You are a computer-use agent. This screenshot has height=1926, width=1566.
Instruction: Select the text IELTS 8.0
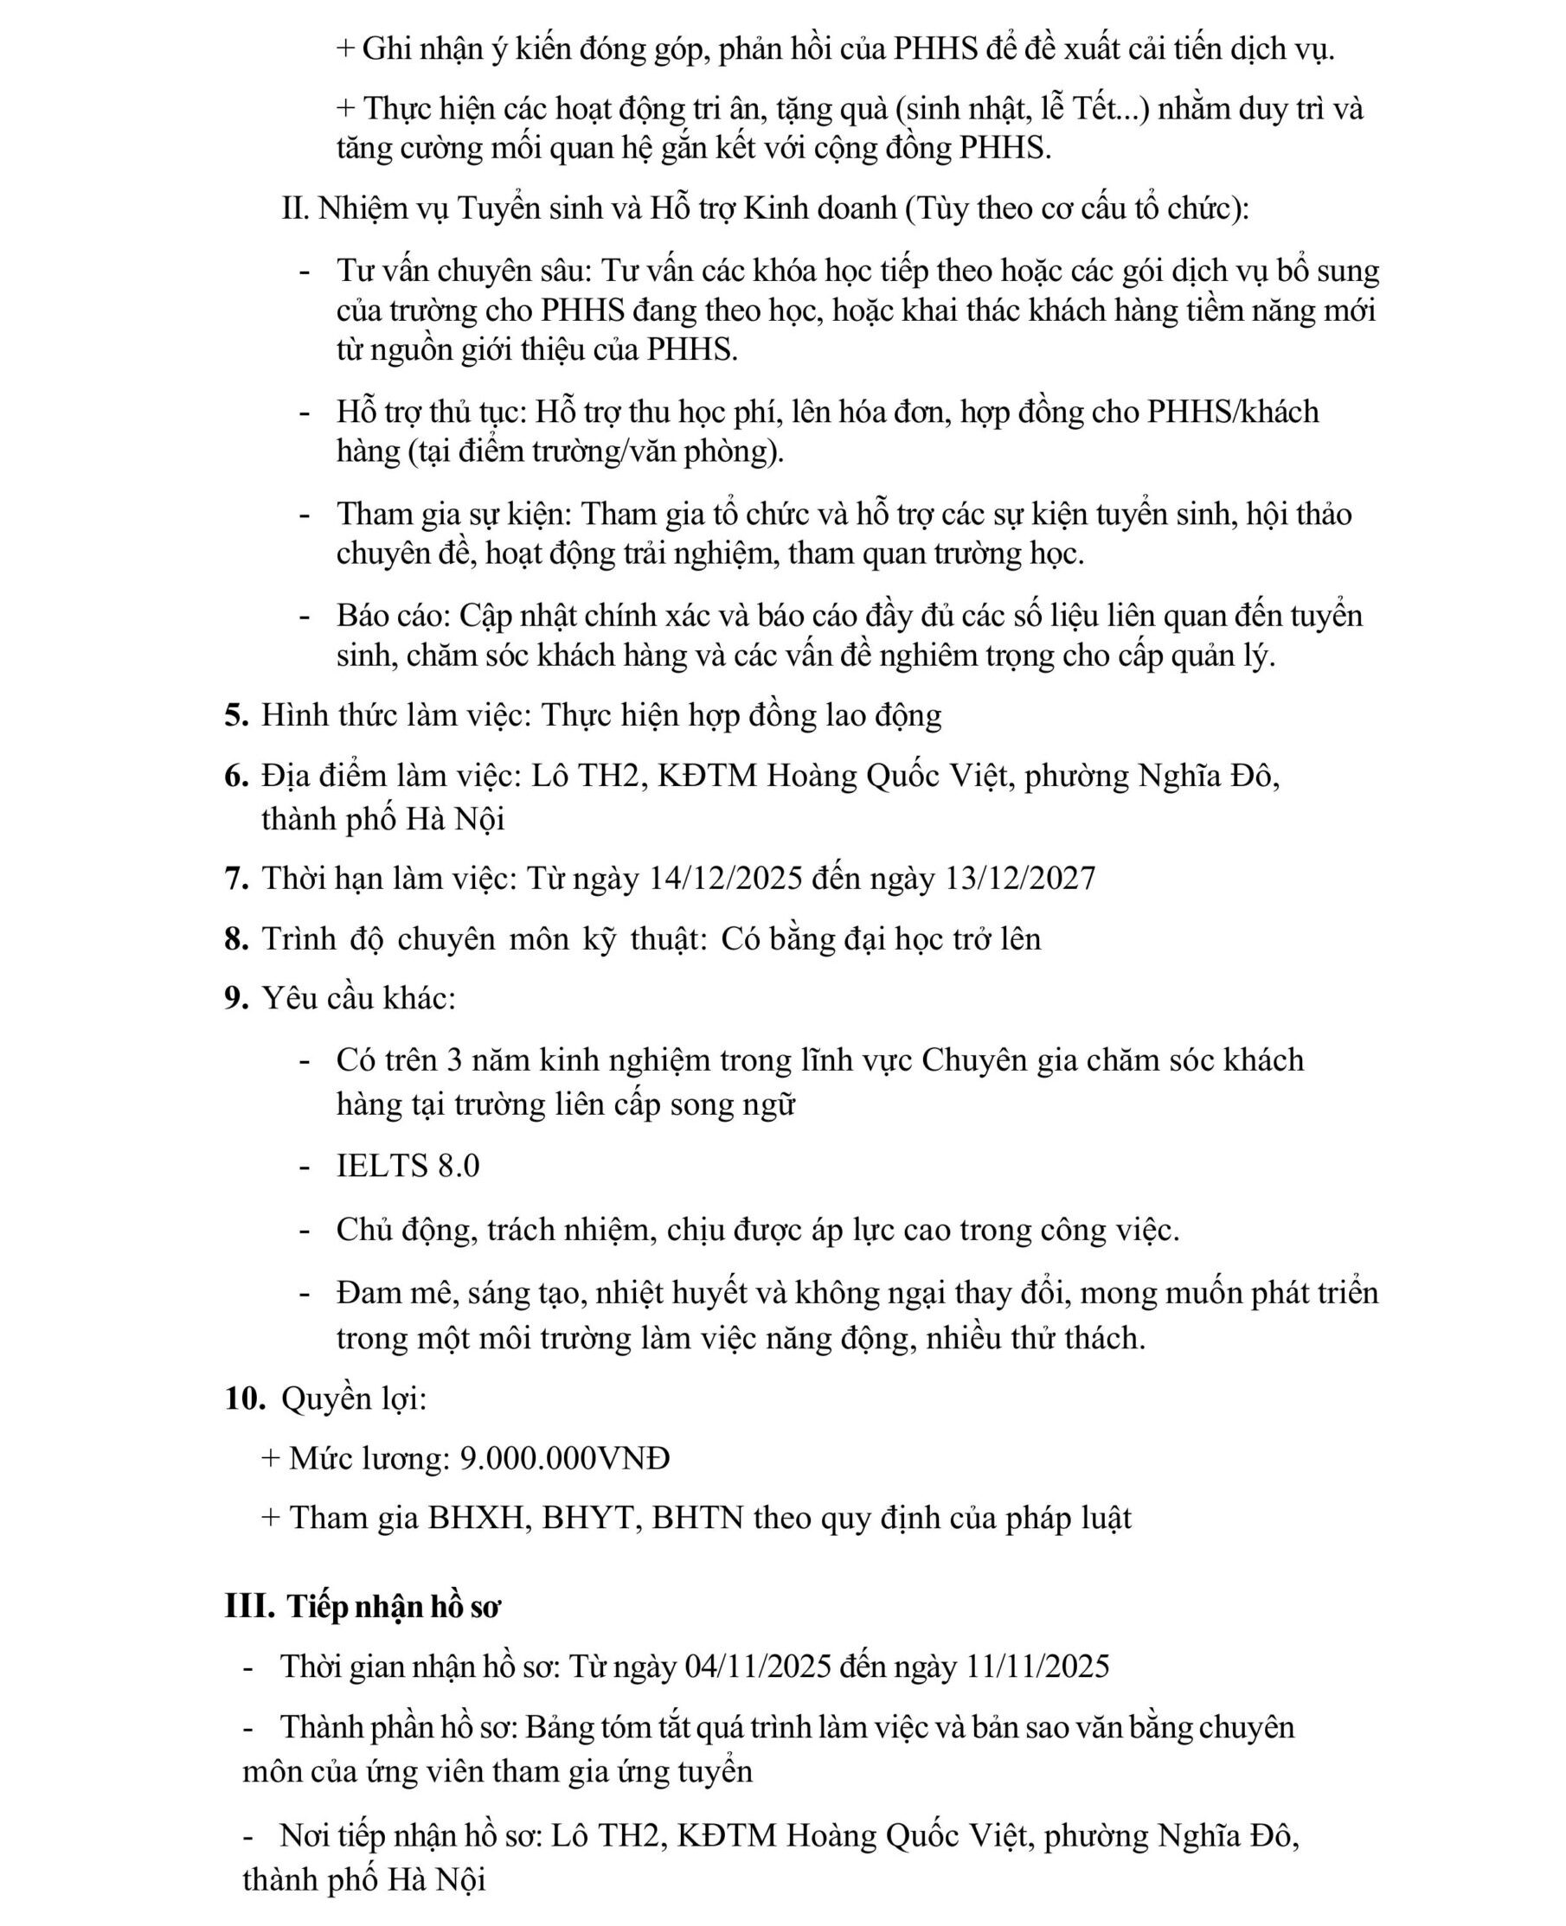tap(408, 1166)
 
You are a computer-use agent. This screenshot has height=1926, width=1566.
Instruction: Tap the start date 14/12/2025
tap(725, 878)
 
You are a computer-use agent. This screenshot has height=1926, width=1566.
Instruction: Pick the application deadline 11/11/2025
tap(1037, 1667)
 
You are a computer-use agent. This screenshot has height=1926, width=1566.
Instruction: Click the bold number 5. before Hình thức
tap(236, 716)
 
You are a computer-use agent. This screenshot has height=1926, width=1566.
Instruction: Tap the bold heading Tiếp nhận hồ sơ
tap(395, 1607)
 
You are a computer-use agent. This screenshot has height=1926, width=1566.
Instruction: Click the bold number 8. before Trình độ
tap(236, 938)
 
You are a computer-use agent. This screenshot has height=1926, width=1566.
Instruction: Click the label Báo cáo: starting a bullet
tap(394, 616)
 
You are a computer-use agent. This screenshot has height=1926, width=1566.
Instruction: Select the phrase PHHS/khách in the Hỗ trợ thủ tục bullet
tap(1232, 412)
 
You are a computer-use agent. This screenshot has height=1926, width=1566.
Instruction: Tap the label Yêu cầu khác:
tap(359, 999)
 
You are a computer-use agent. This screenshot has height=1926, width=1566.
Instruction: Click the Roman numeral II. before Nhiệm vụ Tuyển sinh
tap(295, 209)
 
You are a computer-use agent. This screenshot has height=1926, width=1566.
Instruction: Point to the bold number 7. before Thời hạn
tap(236, 878)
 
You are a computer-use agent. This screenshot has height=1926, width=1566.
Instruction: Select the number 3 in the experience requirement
tap(454, 1060)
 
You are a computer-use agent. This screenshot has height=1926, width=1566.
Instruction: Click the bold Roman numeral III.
tap(249, 1607)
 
